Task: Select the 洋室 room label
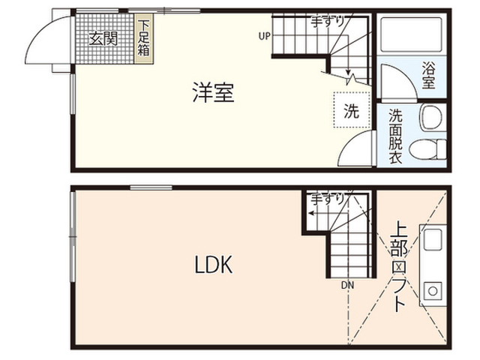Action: tap(213, 93)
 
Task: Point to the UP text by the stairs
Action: tap(265, 35)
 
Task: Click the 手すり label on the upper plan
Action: tap(328, 22)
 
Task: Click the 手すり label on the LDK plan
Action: tap(328, 199)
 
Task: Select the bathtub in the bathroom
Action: tap(411, 34)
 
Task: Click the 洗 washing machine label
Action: tap(351, 112)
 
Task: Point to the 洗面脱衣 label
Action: tap(395, 136)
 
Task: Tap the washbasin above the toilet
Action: tap(430, 116)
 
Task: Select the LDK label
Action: tap(214, 265)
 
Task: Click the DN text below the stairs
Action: tap(346, 285)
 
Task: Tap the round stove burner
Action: tap(433, 289)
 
